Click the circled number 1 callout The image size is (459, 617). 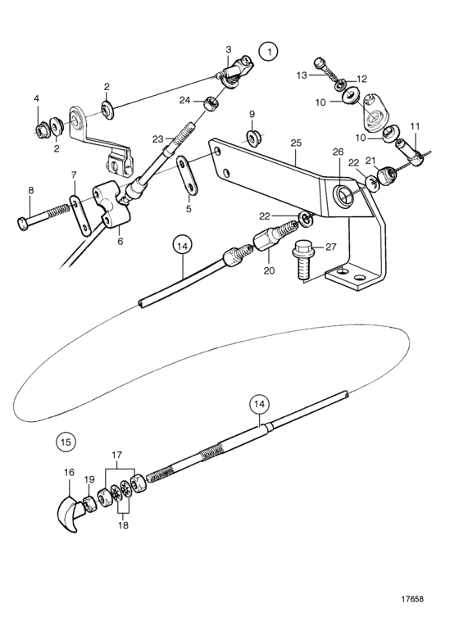268,52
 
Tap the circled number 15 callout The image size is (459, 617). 66,442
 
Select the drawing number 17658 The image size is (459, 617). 412,599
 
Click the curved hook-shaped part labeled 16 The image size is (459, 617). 66,514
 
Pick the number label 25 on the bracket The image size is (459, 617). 296,143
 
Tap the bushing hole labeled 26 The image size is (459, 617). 341,195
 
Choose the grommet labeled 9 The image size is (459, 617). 252,137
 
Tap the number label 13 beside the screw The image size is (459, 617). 301,75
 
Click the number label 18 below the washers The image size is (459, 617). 123,526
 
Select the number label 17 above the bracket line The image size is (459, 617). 116,456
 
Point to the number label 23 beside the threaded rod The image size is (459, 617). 158,139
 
